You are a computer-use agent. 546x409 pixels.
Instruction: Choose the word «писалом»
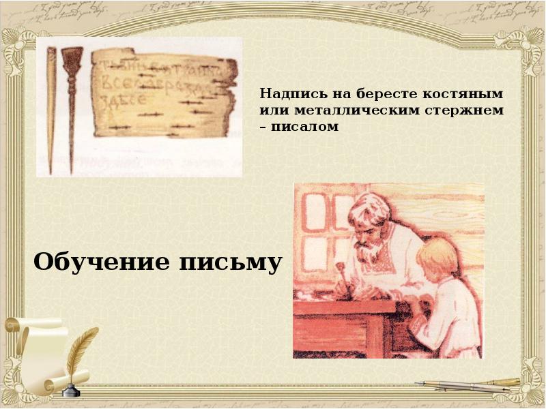pos(304,127)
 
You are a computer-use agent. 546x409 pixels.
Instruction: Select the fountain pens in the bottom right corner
pos(471,385)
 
